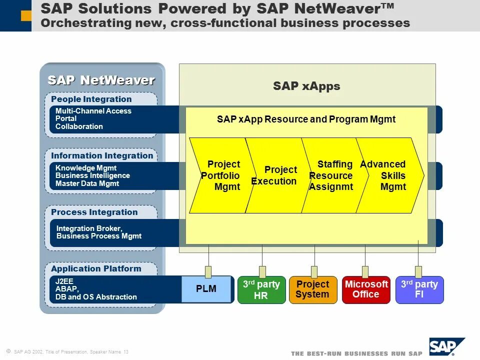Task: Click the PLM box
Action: point(206,289)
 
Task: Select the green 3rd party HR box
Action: point(261,290)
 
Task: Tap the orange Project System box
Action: point(313,290)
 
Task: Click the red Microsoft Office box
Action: point(366,290)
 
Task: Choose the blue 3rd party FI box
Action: point(419,290)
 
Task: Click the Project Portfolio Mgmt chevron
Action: point(220,175)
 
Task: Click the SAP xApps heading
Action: point(306,86)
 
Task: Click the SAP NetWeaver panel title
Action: point(101,80)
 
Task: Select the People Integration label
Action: point(91,99)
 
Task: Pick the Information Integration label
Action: point(102,155)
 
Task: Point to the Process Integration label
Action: point(94,212)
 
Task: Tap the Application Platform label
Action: point(96,268)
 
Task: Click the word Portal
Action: point(66,118)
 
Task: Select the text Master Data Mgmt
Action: point(87,183)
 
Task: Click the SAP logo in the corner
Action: point(446,346)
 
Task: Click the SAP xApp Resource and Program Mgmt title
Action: point(306,119)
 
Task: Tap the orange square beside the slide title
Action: point(26,16)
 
